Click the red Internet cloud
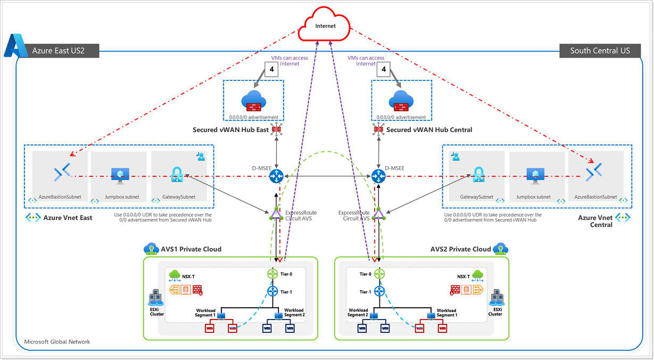[324, 24]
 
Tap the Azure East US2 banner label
[59, 51]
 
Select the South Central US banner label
[600, 51]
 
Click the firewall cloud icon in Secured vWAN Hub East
[253, 101]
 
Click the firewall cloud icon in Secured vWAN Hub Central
[401, 101]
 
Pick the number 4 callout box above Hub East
[271, 69]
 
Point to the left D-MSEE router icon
[276, 176]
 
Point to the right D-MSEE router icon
[378, 176]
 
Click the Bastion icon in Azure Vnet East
[62, 172]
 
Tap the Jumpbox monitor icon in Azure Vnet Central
[535, 176]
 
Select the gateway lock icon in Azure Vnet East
[177, 175]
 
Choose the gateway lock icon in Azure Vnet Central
[478, 175]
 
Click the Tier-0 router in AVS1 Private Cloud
[272, 274]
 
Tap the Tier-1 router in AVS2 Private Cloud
[379, 291]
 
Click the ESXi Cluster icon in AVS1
[155, 298]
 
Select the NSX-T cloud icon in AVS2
[477, 275]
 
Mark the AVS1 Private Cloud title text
[191, 249]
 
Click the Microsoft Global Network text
[57, 341]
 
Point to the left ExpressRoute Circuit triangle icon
[276, 214]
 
